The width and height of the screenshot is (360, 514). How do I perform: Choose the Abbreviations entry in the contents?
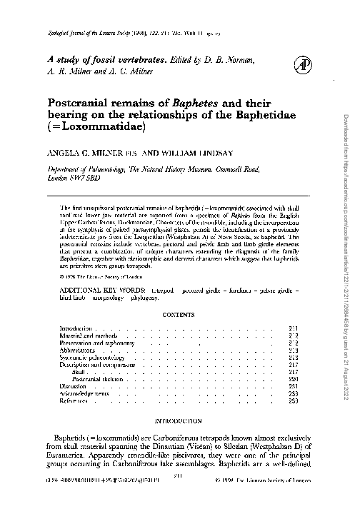78,351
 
